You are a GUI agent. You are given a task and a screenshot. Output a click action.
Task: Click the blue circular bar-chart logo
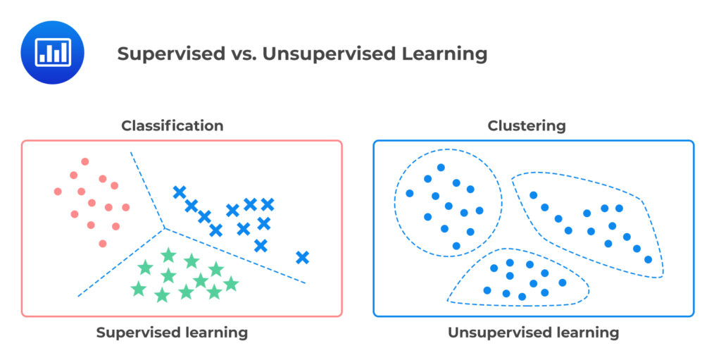[52, 53]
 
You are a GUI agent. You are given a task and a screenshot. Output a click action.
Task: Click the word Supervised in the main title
[162, 54]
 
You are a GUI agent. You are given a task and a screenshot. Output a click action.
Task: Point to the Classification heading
[173, 126]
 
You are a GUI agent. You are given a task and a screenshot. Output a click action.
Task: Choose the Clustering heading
[527, 126]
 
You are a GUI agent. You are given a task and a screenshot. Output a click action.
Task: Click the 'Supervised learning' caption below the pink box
[172, 333]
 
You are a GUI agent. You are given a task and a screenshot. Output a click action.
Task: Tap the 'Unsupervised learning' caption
[533, 333]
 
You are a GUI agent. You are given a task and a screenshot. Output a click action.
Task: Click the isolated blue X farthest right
[302, 257]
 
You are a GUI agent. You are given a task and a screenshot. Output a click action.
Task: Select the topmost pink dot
[85, 161]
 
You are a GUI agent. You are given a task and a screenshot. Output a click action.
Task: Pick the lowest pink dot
[103, 244]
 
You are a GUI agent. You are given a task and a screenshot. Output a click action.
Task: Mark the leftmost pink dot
[58, 191]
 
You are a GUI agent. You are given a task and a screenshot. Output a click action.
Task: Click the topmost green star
[168, 255]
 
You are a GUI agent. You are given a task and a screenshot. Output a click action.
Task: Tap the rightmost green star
[231, 284]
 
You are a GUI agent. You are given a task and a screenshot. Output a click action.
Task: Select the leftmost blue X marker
[180, 192]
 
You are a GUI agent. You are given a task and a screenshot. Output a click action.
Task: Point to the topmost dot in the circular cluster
[441, 168]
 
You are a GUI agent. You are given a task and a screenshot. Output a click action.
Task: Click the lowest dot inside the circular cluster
[456, 246]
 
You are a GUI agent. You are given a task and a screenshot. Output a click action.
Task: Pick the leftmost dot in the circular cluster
[410, 193]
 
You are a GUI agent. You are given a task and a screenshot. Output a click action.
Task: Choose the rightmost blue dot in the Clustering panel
[648, 259]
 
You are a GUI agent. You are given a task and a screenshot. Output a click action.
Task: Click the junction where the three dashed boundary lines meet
[164, 228]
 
